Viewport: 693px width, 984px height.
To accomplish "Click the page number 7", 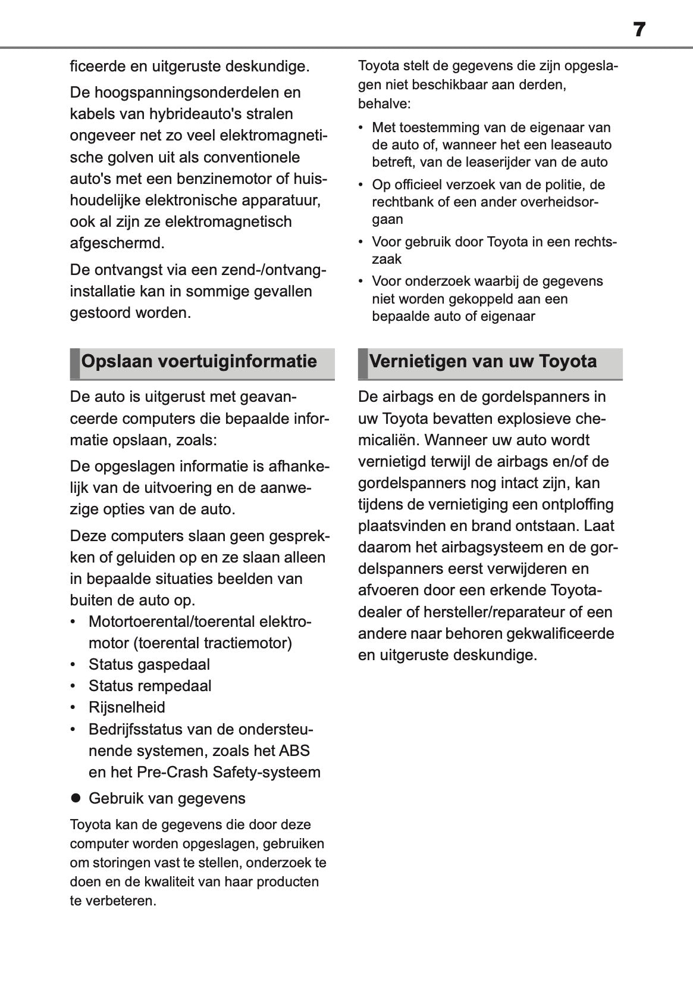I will coord(639,30).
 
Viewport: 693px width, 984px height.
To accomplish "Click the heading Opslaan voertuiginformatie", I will coord(199,361).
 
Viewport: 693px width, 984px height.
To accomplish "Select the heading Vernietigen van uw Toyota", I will coord(482,361).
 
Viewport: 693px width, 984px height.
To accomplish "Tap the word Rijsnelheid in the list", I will coord(127,707).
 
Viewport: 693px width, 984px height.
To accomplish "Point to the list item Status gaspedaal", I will coord(149,664).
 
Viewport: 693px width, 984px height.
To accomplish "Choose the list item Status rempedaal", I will coord(150,686).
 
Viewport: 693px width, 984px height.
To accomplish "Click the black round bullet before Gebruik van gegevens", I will coord(76,798).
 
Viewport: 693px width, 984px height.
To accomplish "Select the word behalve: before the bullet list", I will coord(384,104).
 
